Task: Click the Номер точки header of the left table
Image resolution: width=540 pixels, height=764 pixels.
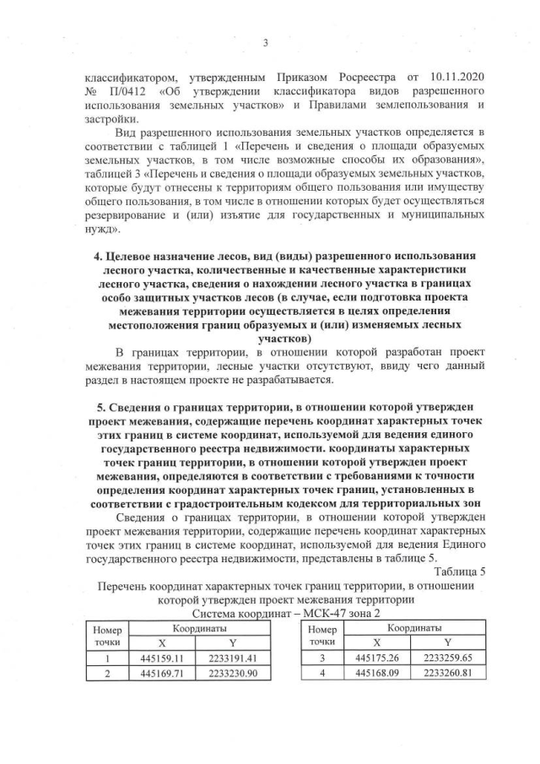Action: click(109, 636)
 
